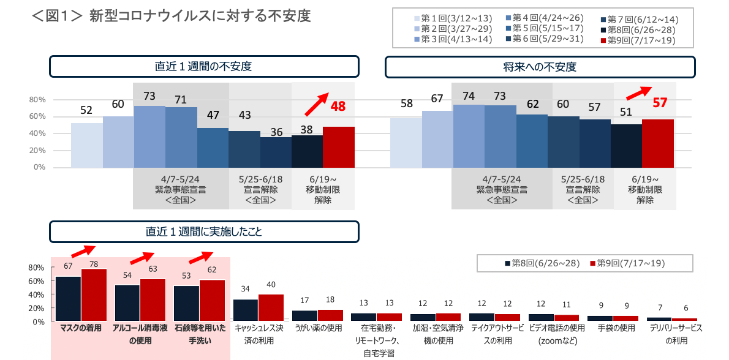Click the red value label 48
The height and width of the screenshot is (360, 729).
[x=338, y=106]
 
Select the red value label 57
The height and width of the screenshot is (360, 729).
[x=660, y=103]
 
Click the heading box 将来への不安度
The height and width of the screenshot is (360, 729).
[x=540, y=67]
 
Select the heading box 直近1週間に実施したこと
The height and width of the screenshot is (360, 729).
[x=204, y=231]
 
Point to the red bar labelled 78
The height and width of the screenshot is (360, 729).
[x=94, y=294]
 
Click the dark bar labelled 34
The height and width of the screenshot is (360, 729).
[x=245, y=310]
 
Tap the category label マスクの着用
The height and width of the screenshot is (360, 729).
[x=81, y=328]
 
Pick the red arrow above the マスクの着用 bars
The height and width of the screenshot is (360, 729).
[x=83, y=251]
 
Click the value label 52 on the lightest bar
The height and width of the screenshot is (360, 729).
[x=86, y=110]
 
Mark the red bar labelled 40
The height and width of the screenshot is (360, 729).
[x=271, y=307]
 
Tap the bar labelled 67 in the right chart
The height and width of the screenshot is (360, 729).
[x=437, y=138]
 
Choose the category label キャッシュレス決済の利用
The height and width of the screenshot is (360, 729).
[x=259, y=334]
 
